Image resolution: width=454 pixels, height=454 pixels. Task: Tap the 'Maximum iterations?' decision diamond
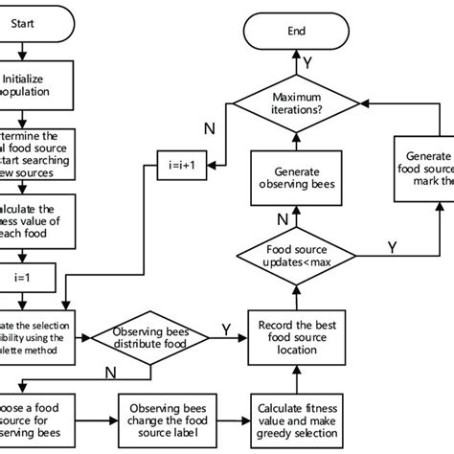tap(298, 103)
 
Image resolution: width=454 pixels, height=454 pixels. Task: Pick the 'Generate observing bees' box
tap(298, 179)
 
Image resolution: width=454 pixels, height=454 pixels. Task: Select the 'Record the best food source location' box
tap(298, 336)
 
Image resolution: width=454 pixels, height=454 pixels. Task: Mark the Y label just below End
tap(309, 62)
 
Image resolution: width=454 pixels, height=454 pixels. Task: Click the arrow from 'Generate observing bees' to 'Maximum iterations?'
tap(298, 139)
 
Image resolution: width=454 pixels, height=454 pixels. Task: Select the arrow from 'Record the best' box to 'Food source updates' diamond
tap(298, 296)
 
